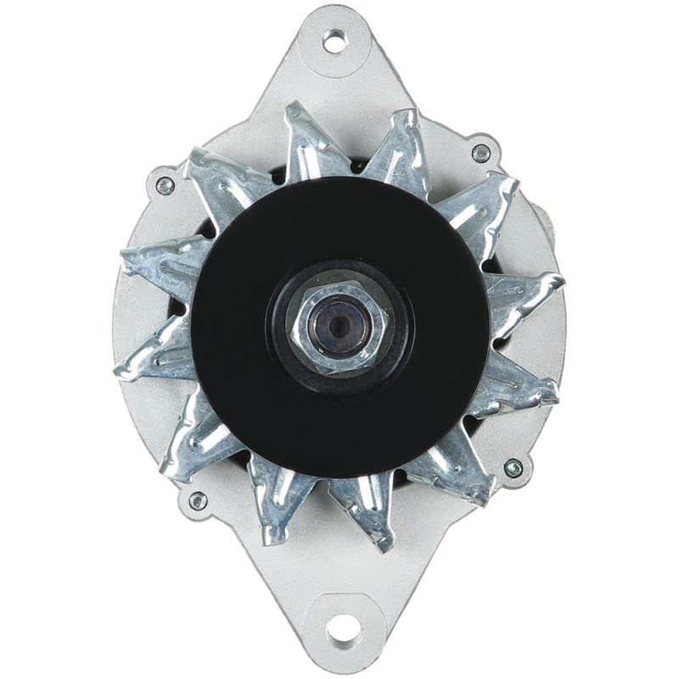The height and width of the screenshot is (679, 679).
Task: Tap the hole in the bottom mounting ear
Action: [344, 631]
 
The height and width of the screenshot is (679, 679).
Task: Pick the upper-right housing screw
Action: [481, 154]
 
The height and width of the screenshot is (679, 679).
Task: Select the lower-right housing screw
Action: [513, 468]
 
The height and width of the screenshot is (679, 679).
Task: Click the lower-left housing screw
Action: [197, 501]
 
